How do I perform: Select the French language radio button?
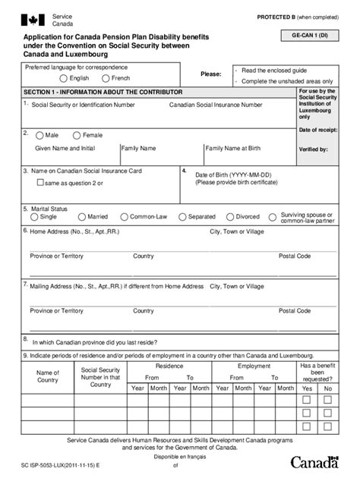click(105, 78)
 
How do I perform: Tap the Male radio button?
click(40, 134)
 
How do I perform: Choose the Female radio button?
click(76, 134)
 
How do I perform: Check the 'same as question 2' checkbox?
click(41, 183)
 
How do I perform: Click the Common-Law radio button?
click(124, 217)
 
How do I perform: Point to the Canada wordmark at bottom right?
click(311, 461)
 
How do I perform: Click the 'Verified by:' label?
click(314, 149)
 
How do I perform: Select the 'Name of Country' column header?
click(48, 376)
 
